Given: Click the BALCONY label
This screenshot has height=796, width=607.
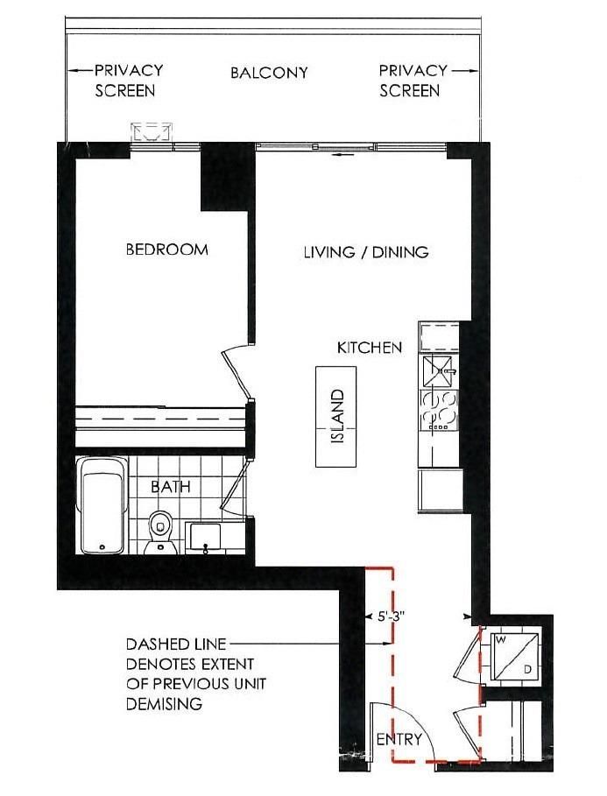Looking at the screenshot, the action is pos(269,73).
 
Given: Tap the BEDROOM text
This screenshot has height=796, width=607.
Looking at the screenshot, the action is pos(167,250).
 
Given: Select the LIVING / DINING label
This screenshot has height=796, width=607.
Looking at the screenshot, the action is pos(366,252).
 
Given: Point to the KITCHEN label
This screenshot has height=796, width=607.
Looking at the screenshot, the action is pos(370,348).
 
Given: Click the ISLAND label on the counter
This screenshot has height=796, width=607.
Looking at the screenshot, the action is pos(338,416).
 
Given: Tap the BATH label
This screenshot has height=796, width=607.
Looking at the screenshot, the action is pos(171,487).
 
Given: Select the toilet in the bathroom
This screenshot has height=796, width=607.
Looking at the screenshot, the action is pos(160,532).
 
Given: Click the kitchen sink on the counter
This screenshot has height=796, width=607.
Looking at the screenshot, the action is pos(438,371).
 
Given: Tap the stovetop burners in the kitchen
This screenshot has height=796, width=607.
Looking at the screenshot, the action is pos(439,411).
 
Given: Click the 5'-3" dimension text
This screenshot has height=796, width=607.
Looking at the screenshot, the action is pos(391,616).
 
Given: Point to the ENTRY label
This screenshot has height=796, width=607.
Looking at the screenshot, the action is pos(399,739).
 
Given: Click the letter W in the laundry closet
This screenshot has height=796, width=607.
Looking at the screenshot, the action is pos(501,640).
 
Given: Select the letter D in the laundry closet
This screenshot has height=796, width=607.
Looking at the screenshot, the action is pos(527,670).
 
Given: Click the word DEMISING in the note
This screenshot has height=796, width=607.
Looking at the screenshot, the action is pos(164,704).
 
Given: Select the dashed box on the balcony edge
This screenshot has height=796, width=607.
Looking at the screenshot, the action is pos(152,132).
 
